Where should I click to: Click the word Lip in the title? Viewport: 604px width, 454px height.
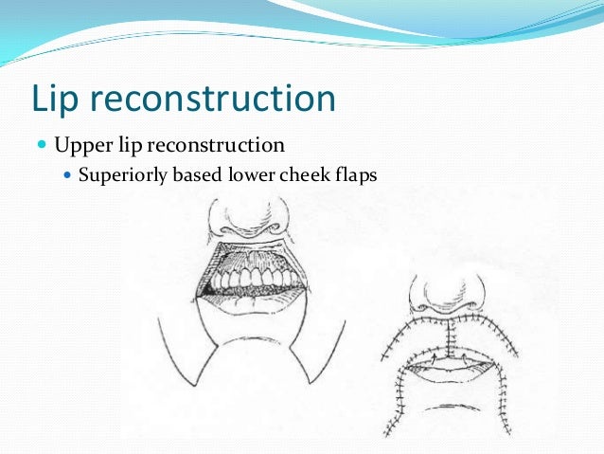tap(60, 100)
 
